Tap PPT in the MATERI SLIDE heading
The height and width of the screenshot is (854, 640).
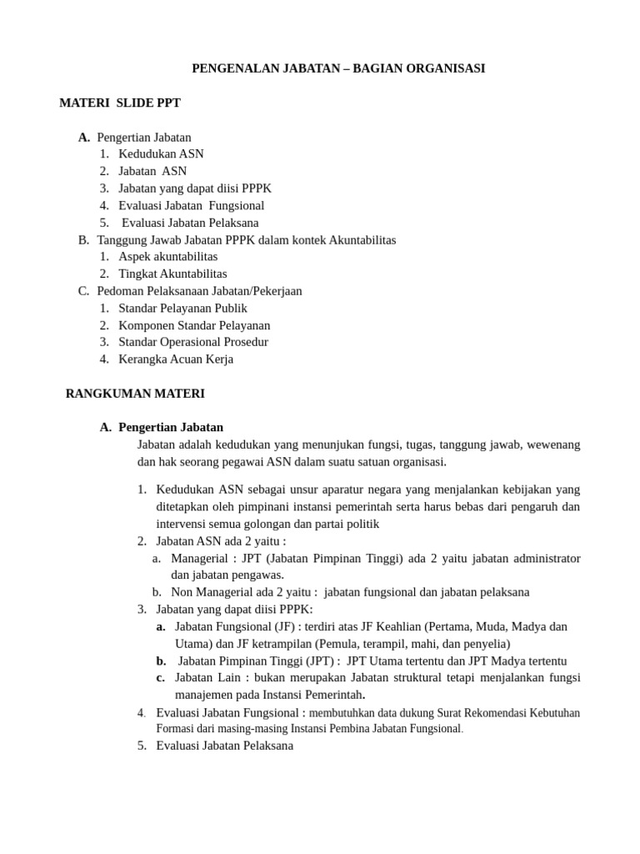click(167, 103)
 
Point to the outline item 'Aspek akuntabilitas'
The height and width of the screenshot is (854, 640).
click(167, 257)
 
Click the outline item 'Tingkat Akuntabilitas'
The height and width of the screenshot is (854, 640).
click(172, 274)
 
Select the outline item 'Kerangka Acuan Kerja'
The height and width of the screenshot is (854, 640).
click(176, 359)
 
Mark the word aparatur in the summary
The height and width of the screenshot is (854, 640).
click(348, 490)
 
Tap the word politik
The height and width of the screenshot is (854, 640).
click(361, 524)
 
